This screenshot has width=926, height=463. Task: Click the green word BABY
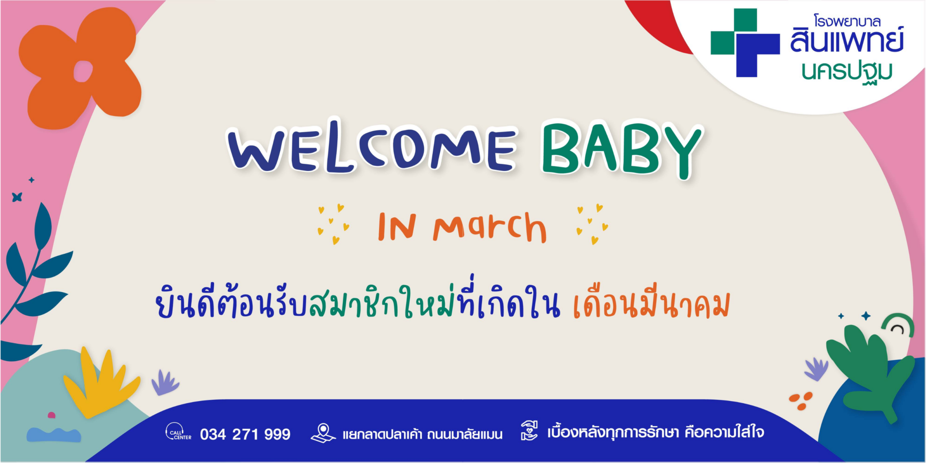[622, 149]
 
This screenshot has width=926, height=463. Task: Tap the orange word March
[489, 227]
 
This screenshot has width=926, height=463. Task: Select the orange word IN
[397, 227]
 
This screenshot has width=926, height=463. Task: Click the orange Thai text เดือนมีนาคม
[651, 304]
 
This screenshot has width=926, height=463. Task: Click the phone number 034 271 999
[245, 434]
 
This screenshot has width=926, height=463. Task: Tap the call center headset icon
[178, 431]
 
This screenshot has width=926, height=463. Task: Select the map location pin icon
[323, 433]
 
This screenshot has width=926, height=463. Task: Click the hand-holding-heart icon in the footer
[529, 431]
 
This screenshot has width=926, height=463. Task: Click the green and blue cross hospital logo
[745, 43]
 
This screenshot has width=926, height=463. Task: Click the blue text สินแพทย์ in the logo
[847, 40]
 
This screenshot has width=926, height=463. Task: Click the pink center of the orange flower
[83, 71]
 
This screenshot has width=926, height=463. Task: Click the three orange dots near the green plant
[801, 400]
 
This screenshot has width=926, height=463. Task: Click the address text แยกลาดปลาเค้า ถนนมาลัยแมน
[423, 434]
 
